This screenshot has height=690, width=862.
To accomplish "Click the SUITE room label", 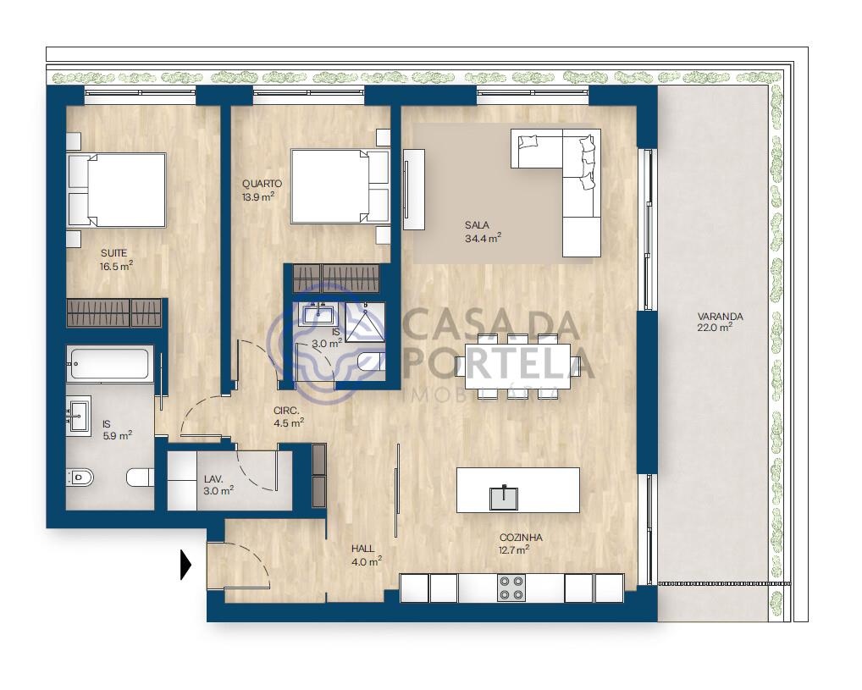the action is [113, 253].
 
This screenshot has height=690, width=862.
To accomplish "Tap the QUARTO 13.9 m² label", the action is [262, 190].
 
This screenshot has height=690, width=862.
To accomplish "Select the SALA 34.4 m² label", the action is [483, 231].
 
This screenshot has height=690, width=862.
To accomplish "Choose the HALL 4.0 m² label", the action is [367, 555].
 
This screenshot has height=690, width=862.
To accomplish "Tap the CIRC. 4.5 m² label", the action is [289, 417].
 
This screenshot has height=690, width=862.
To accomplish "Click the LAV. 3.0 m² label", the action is [218, 485].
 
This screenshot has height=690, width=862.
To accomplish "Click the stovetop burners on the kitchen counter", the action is [511, 588].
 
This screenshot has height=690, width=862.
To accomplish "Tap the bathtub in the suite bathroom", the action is [110, 363].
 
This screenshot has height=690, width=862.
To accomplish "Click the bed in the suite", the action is [116, 190].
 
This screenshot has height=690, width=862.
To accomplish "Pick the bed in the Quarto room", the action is [340, 186].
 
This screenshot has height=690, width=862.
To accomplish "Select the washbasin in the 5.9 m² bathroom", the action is [79, 417].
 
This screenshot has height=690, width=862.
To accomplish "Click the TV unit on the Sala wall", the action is [414, 190].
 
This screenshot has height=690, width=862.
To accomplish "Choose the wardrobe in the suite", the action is [114, 313].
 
